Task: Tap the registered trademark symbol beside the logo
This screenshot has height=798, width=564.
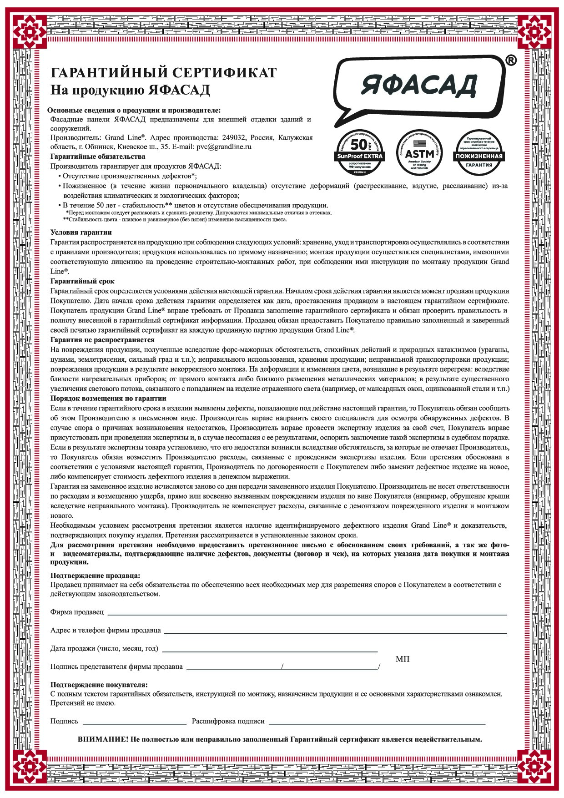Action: click(x=511, y=61)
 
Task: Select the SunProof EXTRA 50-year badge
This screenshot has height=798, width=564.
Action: click(x=360, y=152)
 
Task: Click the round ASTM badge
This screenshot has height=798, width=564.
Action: click(x=419, y=152)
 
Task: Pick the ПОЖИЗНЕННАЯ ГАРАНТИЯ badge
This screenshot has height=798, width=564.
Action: click(x=478, y=152)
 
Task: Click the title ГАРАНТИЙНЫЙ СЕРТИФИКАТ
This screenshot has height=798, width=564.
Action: click(x=163, y=73)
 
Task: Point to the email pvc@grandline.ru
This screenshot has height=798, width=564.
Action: click(x=224, y=147)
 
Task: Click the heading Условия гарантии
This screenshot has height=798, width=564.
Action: click(x=81, y=232)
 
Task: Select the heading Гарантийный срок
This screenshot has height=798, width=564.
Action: click(x=82, y=281)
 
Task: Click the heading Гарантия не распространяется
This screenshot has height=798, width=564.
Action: click(x=102, y=340)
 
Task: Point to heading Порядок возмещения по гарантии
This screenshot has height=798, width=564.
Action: click(x=108, y=399)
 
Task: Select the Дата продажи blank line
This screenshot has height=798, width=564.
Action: click(x=270, y=651)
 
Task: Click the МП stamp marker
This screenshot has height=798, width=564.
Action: click(x=403, y=659)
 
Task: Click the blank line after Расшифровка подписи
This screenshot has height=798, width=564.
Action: click(x=377, y=723)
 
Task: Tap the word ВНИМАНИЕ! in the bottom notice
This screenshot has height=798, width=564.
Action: click(x=103, y=739)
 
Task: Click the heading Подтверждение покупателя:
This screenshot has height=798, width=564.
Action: click(x=99, y=685)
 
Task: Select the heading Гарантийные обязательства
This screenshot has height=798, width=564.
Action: click(x=98, y=157)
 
